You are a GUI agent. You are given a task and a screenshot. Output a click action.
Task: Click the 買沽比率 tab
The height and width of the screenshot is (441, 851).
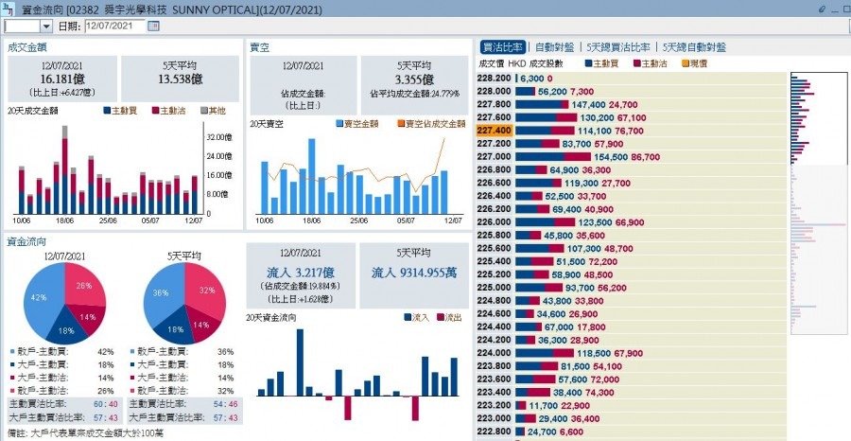(x=502, y=46)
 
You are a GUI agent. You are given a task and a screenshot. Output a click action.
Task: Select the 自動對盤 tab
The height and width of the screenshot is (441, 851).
(x=554, y=46)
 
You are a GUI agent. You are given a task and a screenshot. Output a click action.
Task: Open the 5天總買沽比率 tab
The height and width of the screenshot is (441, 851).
(x=618, y=46)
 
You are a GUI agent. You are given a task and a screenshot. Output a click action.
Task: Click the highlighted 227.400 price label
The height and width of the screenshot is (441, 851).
(x=495, y=130)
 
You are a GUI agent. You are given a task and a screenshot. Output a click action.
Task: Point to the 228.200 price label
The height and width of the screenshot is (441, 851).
(x=495, y=78)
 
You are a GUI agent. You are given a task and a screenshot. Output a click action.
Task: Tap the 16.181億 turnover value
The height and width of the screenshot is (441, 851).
(x=64, y=79)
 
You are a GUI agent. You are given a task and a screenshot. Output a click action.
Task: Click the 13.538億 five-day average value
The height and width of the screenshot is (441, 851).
(x=182, y=79)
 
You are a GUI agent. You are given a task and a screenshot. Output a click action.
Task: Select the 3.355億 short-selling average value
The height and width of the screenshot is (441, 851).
(x=414, y=79)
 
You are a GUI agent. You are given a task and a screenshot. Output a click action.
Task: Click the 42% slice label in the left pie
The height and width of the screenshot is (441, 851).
(x=40, y=297)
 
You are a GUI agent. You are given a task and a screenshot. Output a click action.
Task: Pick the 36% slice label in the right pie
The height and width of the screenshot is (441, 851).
(x=160, y=292)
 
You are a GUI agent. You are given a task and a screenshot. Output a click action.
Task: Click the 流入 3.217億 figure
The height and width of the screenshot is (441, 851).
(x=301, y=273)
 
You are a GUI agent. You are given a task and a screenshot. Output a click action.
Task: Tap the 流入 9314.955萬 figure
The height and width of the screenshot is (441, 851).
(x=414, y=273)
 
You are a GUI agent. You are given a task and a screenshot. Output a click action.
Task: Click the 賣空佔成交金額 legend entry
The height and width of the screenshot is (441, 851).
(x=433, y=124)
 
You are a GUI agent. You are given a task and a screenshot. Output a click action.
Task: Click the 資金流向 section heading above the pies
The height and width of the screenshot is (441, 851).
(x=24, y=242)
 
